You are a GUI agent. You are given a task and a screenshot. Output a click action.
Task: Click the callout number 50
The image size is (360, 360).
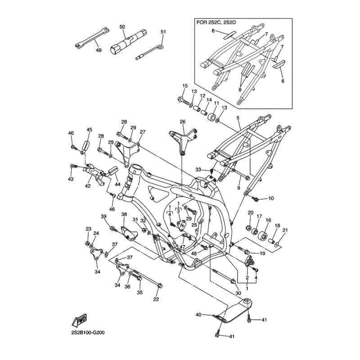coord(122,27)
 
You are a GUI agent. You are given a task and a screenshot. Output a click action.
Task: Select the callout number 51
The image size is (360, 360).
coord(163,31)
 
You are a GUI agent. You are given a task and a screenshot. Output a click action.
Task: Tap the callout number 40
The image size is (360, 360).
coord(198,315)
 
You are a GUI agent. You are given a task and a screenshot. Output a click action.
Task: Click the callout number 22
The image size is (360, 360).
coord(157,299)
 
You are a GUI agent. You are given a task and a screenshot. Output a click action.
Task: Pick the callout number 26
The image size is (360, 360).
coord(182,121)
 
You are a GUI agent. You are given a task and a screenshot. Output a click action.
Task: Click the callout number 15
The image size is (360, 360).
coord(184,85)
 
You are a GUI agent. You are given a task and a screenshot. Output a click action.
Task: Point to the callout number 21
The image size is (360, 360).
coord(284,230)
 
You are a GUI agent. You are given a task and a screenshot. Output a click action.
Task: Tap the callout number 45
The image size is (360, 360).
coord(89,130)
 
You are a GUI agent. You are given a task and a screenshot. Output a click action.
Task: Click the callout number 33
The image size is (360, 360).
coord(198,169)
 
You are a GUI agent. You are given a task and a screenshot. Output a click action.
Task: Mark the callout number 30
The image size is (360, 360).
coord(238,293)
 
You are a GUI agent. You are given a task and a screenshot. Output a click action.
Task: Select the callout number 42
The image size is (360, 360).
coord(88,185)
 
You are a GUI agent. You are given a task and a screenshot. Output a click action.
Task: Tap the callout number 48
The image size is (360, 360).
coord(194,254)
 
